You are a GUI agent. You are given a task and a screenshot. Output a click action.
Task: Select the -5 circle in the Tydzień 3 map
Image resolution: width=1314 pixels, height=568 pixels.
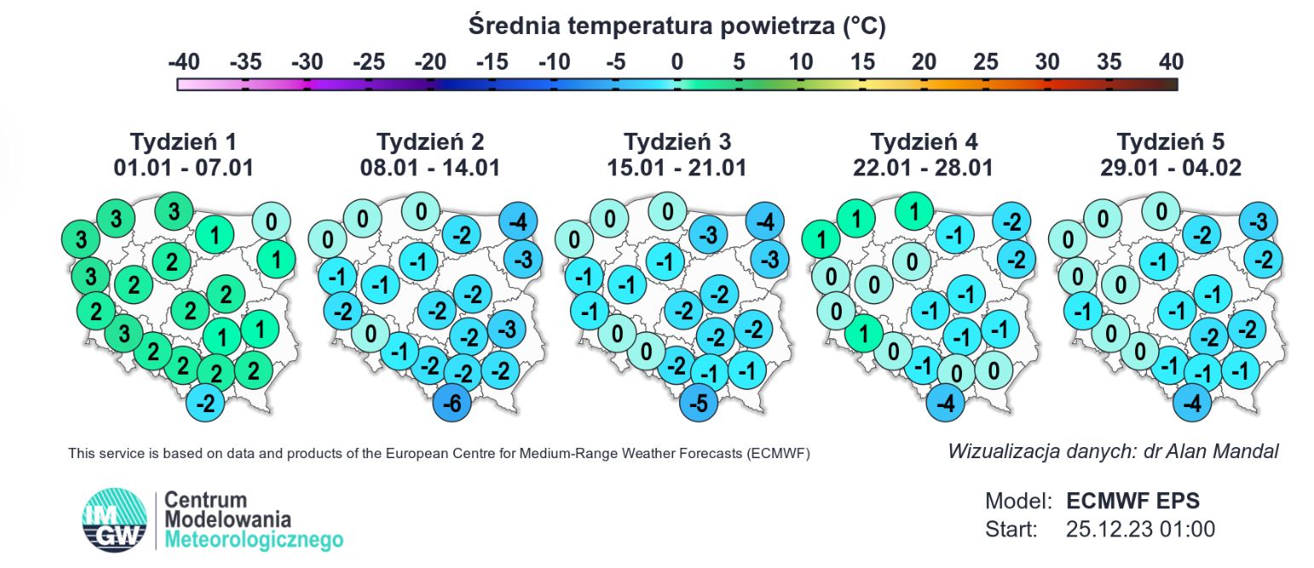pos(699,404)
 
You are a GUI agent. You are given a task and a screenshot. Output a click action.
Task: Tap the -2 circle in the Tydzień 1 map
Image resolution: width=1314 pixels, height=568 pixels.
pos(205,404)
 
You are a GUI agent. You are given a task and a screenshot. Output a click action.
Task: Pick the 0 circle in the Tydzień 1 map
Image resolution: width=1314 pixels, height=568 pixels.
pos(271,222)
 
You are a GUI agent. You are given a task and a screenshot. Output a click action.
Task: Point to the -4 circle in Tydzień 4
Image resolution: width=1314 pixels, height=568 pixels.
pos(945,404)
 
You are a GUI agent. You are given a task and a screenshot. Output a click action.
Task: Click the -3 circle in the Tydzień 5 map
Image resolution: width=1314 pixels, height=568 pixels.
pos(1257,222)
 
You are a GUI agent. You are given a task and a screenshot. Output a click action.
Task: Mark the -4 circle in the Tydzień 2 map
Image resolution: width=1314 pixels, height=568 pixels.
pos(516,222)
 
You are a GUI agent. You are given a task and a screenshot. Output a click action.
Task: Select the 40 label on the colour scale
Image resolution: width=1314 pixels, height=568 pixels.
pos(1171,62)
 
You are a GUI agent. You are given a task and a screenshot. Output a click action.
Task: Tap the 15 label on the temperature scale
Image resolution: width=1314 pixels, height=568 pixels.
pos(862,62)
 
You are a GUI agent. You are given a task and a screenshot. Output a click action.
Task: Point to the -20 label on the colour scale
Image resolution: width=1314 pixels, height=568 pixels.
pos(430,62)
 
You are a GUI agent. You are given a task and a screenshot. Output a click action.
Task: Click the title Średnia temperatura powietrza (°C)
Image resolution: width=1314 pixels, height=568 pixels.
pos(677,26)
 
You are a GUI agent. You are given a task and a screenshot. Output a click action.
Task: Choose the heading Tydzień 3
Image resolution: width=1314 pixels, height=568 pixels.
pos(677,141)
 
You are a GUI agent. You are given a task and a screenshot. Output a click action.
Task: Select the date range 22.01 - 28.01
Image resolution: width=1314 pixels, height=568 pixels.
pos(923,168)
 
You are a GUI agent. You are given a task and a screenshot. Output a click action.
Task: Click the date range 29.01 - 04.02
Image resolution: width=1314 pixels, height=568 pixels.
pos(1170,168)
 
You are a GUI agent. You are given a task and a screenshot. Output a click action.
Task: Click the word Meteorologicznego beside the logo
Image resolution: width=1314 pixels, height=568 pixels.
pos(254,539)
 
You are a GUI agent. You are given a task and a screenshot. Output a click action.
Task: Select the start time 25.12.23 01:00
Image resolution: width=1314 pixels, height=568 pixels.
pos(1140,529)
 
